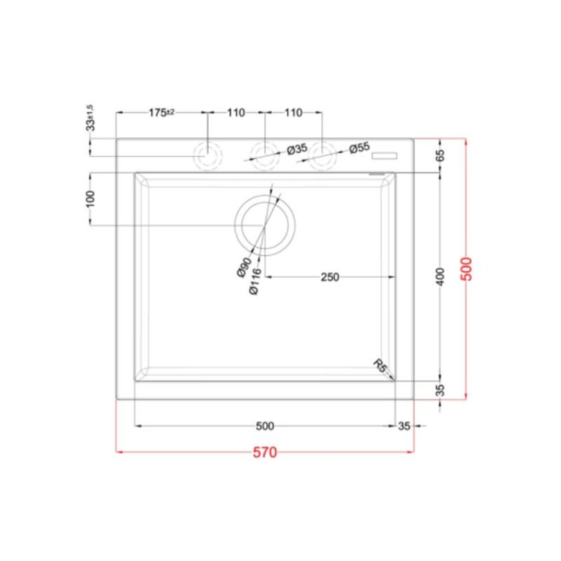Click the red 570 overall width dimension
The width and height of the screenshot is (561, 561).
point(265,453)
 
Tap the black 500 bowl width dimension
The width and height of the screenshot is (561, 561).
point(265,426)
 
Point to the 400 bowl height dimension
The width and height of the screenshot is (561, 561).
point(441,277)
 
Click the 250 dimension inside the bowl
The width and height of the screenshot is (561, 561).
point(330,277)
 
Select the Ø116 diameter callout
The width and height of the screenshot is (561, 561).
point(255,281)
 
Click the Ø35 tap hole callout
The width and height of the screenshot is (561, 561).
point(297,149)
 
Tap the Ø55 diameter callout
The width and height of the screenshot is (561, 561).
point(359,148)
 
